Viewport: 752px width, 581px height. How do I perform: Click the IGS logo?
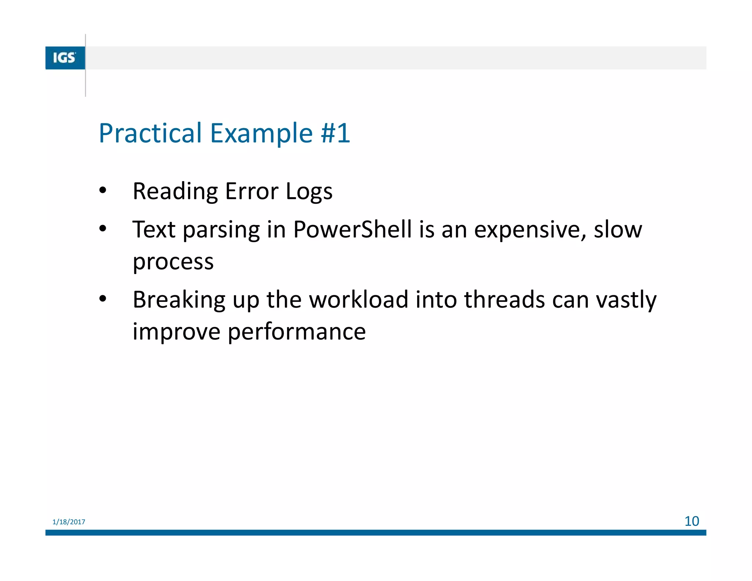[x=65, y=58]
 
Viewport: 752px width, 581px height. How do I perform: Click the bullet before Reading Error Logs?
[x=103, y=191]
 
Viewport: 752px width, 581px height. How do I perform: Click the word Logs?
[x=309, y=192]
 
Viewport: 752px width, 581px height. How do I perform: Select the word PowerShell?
[x=352, y=230]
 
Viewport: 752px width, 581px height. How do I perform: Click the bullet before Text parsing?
[x=103, y=229]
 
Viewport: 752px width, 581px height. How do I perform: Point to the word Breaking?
[x=179, y=300]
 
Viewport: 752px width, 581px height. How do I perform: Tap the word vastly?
[x=626, y=300]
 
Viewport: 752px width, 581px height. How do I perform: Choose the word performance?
[x=296, y=332]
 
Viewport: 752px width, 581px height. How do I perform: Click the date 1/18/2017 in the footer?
[x=69, y=522]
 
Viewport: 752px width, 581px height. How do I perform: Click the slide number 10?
[x=691, y=521]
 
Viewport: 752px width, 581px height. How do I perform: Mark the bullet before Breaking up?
[x=103, y=299]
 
